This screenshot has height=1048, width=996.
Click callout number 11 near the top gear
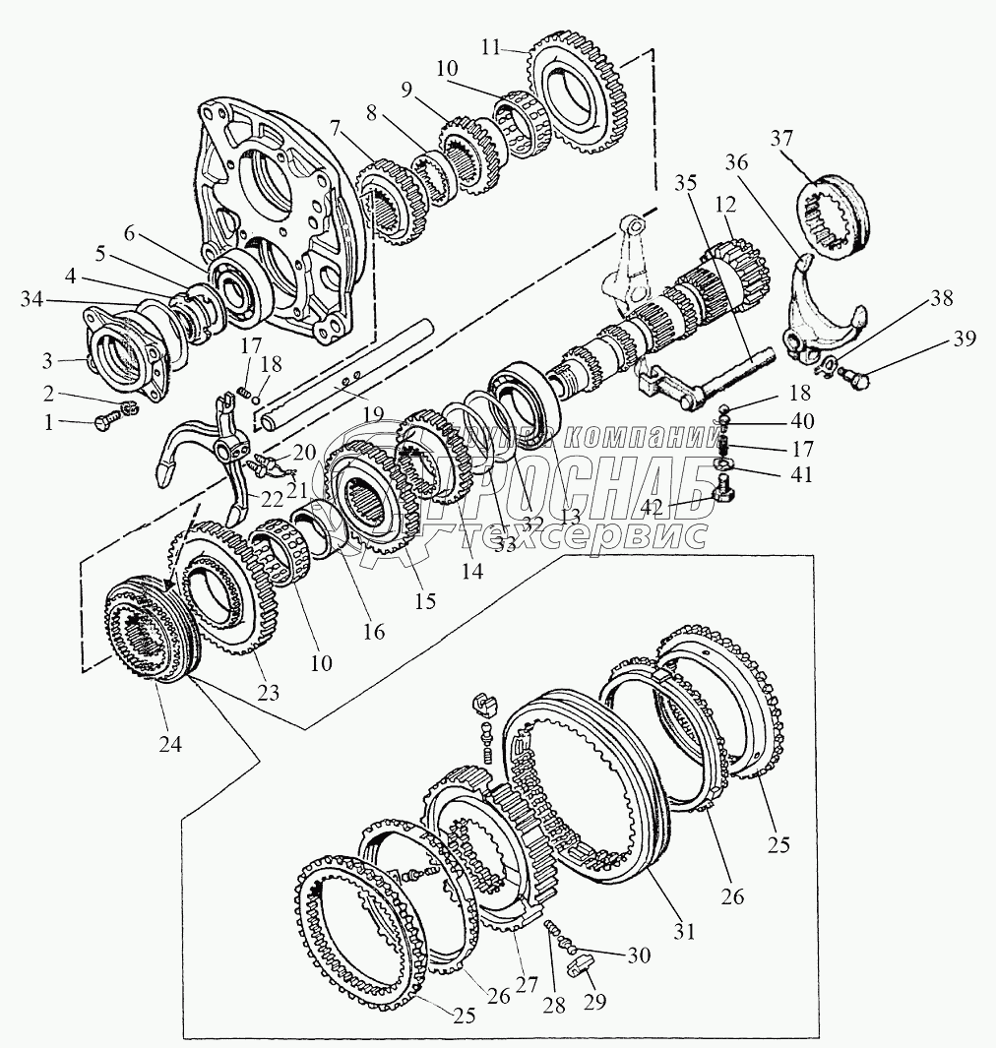coord(492,47)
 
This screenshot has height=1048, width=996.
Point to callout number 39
coord(964,339)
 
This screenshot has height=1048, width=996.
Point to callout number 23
coord(269,693)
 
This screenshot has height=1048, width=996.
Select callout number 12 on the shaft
coord(725,208)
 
